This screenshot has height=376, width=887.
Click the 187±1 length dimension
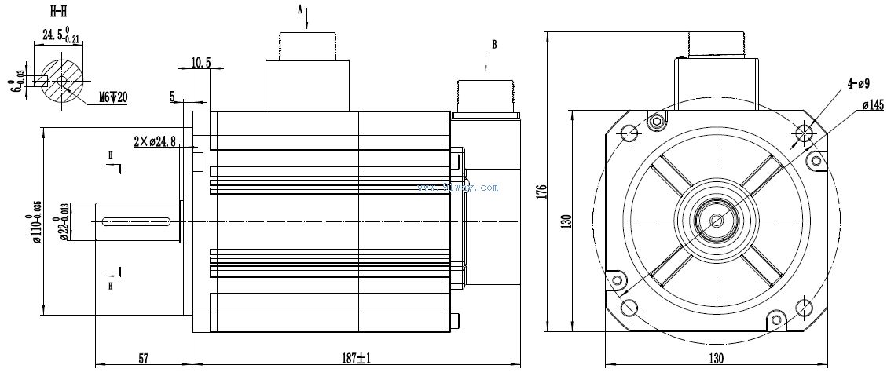(x=357, y=359)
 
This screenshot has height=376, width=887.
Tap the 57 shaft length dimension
(x=143, y=359)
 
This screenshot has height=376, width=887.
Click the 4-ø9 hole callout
(x=855, y=82)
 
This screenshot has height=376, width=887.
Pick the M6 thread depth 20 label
(x=113, y=97)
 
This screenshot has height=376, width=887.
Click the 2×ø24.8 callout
(x=156, y=142)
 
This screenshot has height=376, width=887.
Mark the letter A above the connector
(x=299, y=9)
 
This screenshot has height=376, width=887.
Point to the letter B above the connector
(x=494, y=45)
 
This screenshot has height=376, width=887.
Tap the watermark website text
(x=458, y=188)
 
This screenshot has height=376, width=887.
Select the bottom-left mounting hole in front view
(x=629, y=307)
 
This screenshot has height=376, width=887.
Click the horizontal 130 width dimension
(x=716, y=359)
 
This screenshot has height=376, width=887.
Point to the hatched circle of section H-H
(x=62, y=81)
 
